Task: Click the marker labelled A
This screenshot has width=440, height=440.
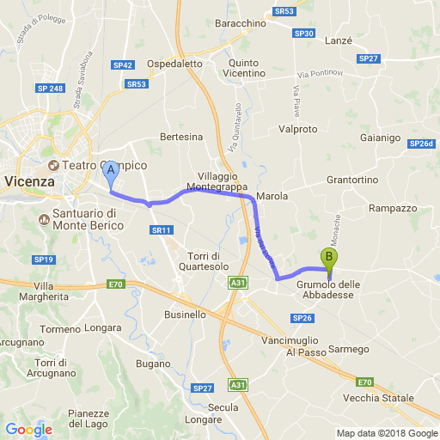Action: [x=110, y=174]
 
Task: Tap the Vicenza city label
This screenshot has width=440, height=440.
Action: [x=29, y=182]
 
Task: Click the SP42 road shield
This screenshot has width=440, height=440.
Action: [x=122, y=64]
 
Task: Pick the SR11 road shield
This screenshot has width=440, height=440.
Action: [x=162, y=229]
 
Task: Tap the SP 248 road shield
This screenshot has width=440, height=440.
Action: [x=50, y=88]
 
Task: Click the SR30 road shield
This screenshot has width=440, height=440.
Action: [x=303, y=34]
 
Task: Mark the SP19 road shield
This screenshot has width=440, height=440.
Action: [x=44, y=259]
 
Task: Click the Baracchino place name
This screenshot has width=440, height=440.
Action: [x=240, y=22]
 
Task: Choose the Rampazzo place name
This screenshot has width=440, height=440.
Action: [x=392, y=208]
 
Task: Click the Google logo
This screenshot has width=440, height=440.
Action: [x=28, y=430]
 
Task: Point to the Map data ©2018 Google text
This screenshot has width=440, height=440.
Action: [x=386, y=433]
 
